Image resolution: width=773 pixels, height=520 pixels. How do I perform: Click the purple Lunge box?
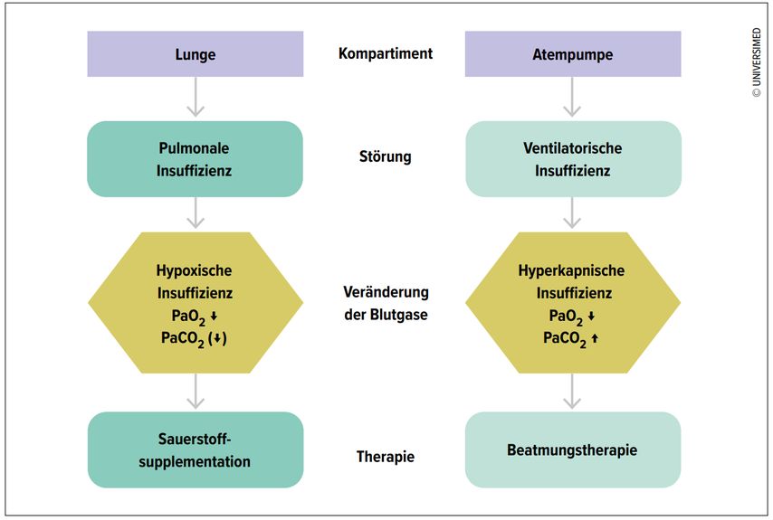(x=195, y=54)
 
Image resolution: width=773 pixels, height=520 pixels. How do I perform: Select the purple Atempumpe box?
(x=572, y=54)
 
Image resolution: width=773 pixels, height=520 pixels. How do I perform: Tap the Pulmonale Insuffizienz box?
(x=195, y=158)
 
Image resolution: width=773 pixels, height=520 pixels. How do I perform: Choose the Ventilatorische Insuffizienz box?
(x=572, y=158)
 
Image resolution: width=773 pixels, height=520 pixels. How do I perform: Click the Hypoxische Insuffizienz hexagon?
(x=195, y=303)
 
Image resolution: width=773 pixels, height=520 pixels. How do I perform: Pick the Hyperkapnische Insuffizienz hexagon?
(x=572, y=303)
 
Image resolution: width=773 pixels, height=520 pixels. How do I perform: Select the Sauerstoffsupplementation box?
(x=195, y=449)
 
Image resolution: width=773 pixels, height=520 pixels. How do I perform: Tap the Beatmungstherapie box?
(x=572, y=449)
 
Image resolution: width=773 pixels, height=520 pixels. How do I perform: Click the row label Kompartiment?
(x=386, y=53)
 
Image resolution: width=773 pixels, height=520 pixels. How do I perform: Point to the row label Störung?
(x=386, y=156)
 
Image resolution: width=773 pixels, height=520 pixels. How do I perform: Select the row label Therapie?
(x=386, y=457)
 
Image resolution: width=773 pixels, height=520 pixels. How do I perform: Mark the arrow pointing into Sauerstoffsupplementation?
(x=195, y=392)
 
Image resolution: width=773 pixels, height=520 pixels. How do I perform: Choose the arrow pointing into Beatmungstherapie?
(x=572, y=392)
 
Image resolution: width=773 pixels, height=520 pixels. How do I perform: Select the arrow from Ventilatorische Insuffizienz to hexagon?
(x=572, y=214)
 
